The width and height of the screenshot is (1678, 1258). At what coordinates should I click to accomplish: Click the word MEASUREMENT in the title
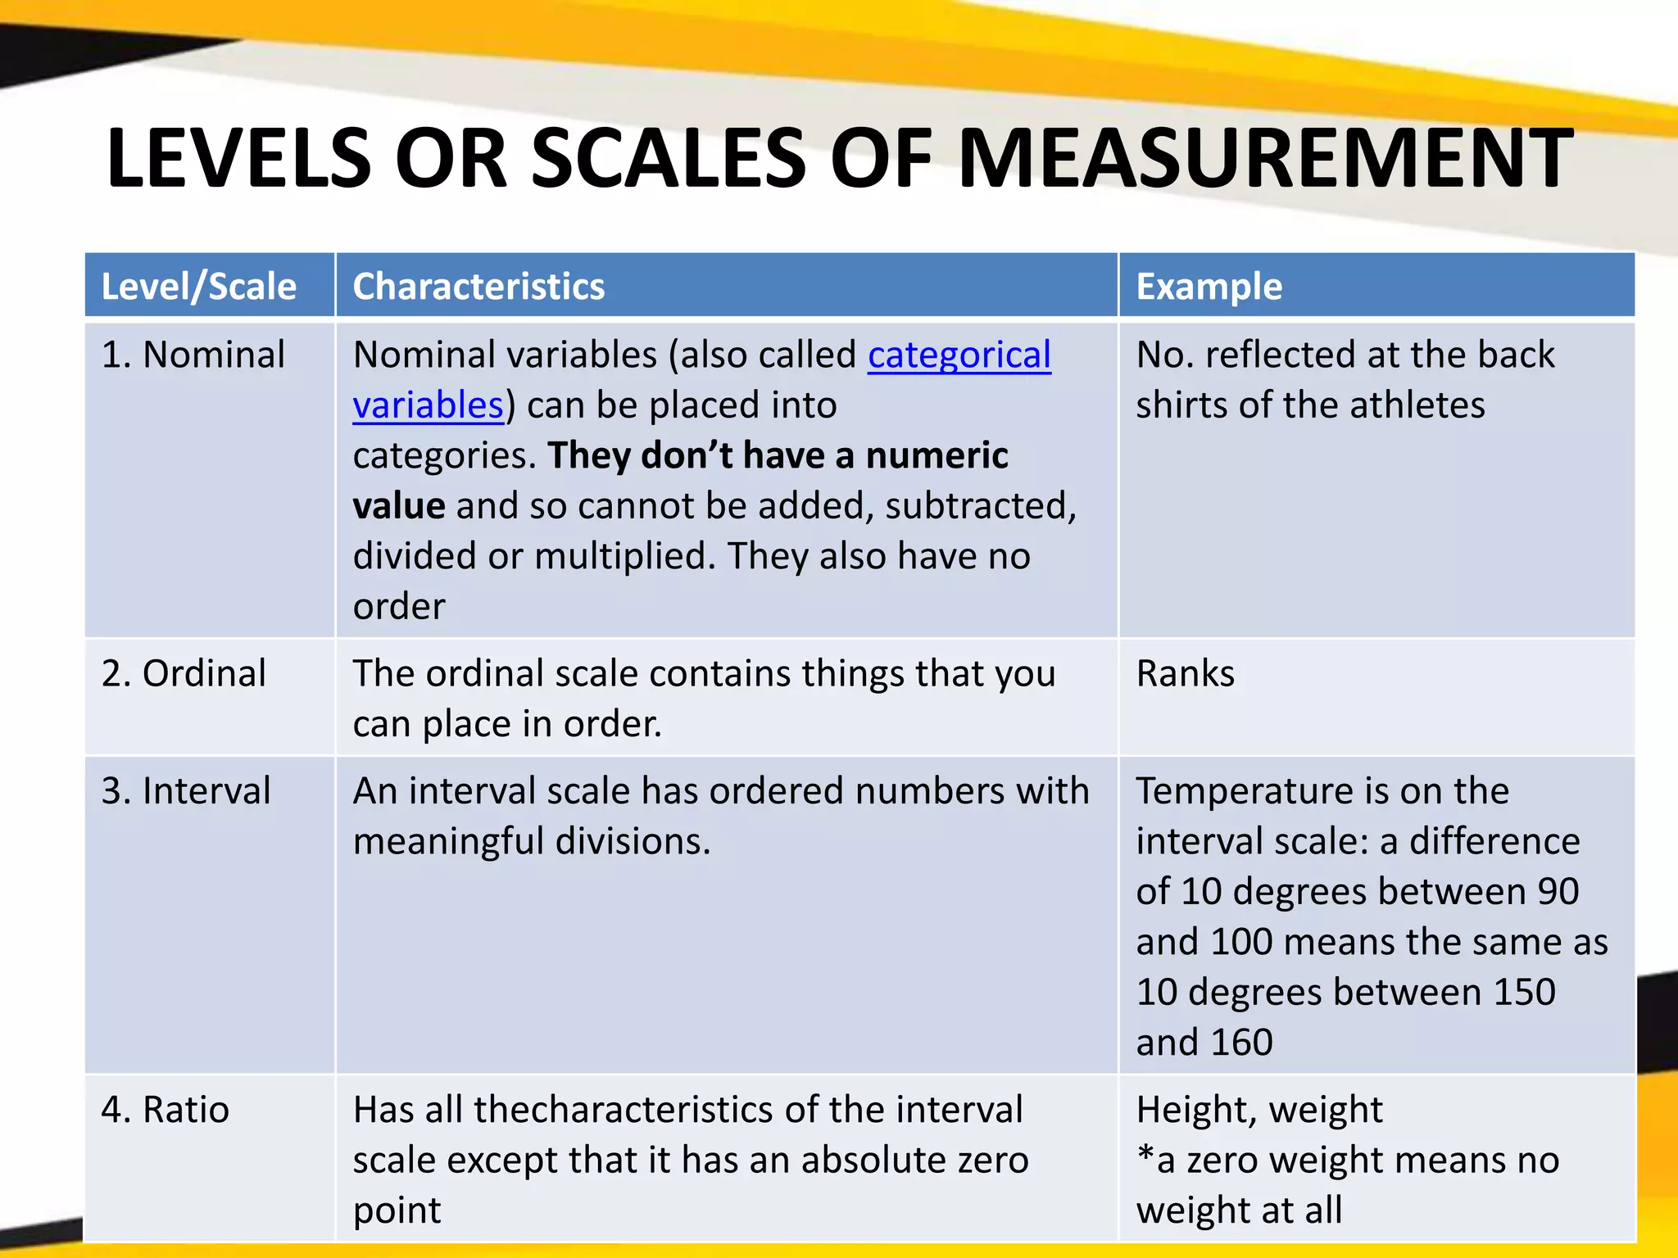tap(1264, 158)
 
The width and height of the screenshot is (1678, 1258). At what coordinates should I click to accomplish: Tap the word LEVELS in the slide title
tap(238, 158)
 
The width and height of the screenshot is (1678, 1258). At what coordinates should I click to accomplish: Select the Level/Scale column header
tap(198, 287)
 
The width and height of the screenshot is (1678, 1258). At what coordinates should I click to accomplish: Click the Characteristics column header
tap(478, 287)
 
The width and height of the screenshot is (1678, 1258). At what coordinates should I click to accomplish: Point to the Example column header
tap(1209, 287)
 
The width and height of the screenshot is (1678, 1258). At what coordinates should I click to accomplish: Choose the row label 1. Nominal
tap(193, 355)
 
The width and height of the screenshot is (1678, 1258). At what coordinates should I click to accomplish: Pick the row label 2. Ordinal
tap(184, 673)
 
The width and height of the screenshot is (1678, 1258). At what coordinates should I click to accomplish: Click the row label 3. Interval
tap(186, 791)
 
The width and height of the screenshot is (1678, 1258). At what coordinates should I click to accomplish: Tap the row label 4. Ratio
tap(166, 1110)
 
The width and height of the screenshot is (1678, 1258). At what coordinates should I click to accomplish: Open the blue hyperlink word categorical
tap(959, 355)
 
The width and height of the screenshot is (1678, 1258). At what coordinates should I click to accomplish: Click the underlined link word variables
tap(428, 405)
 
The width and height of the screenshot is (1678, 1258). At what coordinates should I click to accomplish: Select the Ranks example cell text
tap(1185, 673)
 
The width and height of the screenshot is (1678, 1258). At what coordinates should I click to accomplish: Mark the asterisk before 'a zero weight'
tap(1145, 1156)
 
